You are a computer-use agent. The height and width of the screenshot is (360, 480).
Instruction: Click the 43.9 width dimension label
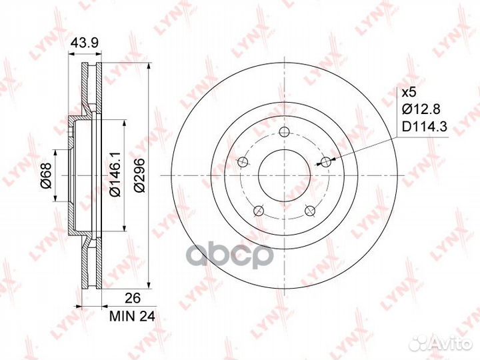(84, 43)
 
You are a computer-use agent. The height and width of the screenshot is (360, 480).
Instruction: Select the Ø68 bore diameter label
(47, 175)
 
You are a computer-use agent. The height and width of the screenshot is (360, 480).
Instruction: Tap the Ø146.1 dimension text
(116, 174)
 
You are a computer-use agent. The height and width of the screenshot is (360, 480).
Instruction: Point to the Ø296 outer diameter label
(140, 175)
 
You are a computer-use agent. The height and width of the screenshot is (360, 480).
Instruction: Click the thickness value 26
(133, 298)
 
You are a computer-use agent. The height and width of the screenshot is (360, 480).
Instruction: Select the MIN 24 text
(132, 316)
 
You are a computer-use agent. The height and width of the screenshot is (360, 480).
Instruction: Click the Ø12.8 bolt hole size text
(421, 109)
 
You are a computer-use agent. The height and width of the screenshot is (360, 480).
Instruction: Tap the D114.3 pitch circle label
(424, 127)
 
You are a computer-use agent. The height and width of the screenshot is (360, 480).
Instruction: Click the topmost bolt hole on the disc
(285, 132)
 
